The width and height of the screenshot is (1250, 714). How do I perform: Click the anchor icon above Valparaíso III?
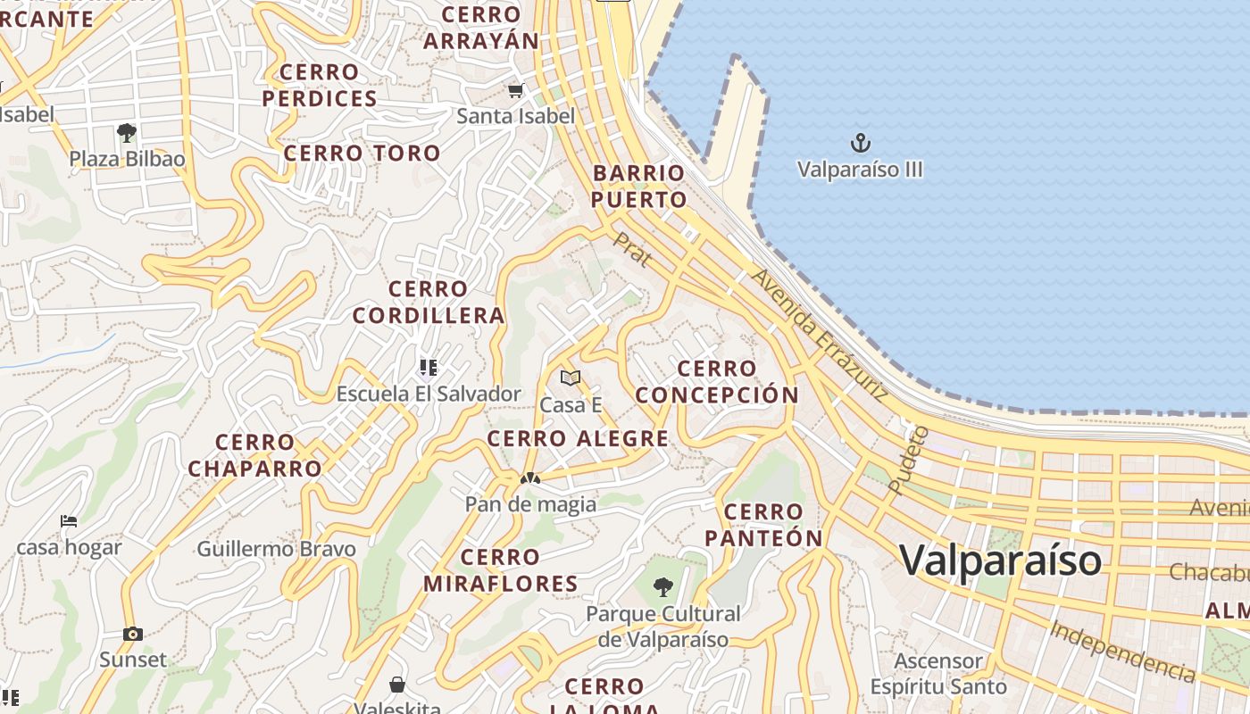860,143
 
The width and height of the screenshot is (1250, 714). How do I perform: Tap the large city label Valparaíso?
1000,560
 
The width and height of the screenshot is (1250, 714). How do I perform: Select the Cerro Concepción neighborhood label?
717,382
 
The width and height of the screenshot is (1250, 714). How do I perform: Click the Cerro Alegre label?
578,438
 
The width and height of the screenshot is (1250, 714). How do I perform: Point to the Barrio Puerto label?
638,187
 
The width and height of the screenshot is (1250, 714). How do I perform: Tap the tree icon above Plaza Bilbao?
127,134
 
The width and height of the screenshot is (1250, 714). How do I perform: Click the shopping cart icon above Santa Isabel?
515,90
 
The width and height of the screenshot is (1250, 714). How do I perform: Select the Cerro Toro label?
362,154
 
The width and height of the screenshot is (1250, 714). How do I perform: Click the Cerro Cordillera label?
429,303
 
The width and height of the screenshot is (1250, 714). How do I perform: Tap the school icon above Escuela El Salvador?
428,367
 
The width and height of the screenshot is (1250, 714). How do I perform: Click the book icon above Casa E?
571,378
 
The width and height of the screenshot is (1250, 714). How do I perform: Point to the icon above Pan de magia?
530,479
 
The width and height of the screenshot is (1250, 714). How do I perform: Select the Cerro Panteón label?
763,525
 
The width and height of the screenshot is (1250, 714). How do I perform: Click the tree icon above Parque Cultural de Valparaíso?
662,586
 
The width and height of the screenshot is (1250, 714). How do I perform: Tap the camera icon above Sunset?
133,635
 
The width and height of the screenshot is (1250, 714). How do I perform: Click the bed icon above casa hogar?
69,521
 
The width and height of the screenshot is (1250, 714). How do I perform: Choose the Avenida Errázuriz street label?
819,335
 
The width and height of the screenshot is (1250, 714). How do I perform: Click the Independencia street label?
1122,651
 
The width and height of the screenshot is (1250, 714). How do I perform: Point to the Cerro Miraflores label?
500,570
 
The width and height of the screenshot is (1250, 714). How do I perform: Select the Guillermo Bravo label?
276,549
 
